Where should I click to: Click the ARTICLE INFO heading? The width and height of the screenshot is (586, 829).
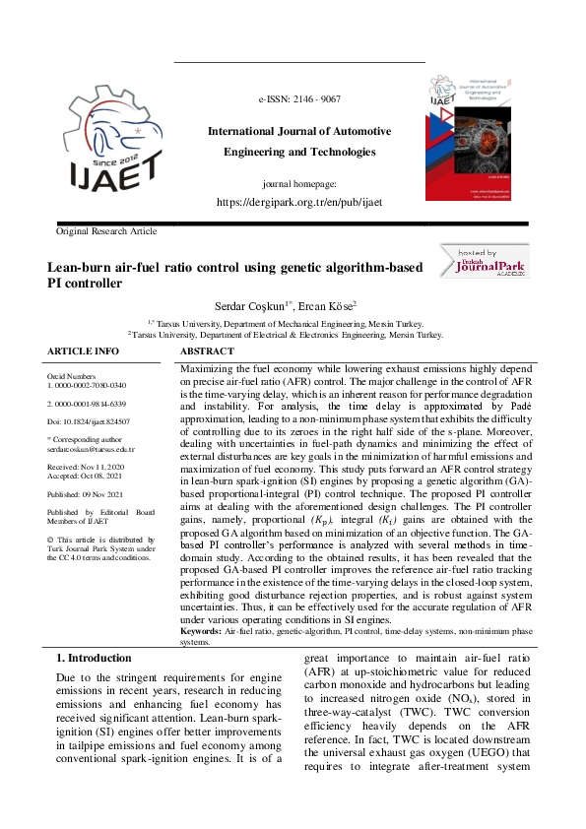tap(84, 351)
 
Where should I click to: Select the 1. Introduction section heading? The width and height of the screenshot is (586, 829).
tap(94, 658)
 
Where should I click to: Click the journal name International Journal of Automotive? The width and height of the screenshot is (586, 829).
tap(298, 132)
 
